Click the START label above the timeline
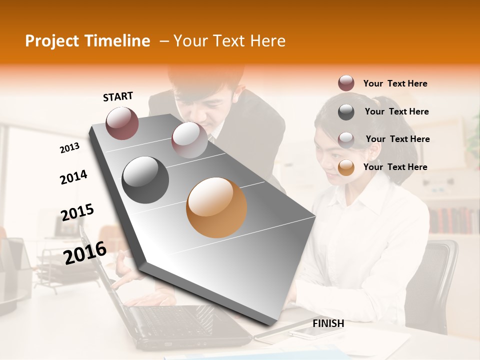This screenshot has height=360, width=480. pyautogui.click(x=118, y=96)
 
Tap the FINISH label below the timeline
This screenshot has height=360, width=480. pyautogui.click(x=328, y=323)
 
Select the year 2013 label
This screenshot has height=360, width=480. pyautogui.click(x=69, y=148)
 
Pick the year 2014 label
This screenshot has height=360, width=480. pyautogui.click(x=73, y=177)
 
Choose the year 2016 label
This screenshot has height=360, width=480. pyautogui.click(x=85, y=252)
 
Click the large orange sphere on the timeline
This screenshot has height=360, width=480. pyautogui.click(x=216, y=207)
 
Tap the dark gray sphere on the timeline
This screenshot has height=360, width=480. pyautogui.click(x=145, y=180)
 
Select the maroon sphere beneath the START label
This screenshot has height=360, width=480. pyautogui.click(x=122, y=123)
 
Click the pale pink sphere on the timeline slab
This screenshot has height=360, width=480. pyautogui.click(x=189, y=139)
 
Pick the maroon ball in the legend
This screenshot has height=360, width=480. pyautogui.click(x=346, y=83)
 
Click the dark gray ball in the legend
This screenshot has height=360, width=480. pyautogui.click(x=346, y=111)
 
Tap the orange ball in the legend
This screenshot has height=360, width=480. pyautogui.click(x=346, y=167)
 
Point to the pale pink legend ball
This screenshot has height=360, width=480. pyautogui.click(x=346, y=139)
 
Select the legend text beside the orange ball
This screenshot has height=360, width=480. pyautogui.click(x=395, y=167)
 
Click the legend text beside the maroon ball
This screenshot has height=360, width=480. pyautogui.click(x=395, y=83)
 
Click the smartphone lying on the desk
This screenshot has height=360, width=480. pyautogui.click(x=310, y=333)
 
